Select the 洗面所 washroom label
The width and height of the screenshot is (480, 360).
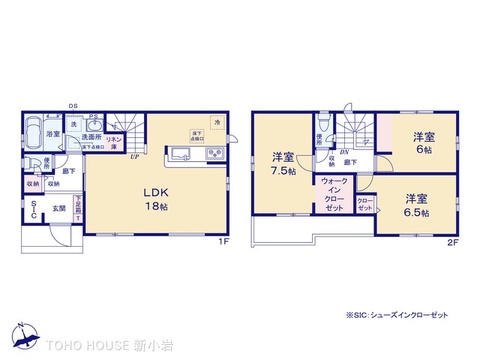coord(93,137)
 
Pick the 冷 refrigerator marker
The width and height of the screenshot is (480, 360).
coord(217,123)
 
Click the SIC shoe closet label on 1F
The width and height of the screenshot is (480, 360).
coord(33,209)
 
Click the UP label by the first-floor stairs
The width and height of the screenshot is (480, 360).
coord(134,156)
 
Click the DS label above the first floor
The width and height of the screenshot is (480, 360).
coord(72,105)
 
